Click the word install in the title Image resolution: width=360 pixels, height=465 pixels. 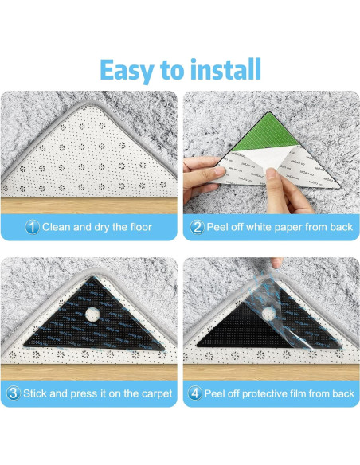click(x=225, y=69)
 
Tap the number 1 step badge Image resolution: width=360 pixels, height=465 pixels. click(x=32, y=227)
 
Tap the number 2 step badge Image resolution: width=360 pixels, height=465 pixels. click(x=197, y=227)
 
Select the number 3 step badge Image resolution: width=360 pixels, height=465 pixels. click(x=14, y=393)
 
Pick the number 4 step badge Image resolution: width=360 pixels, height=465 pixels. click(x=195, y=393)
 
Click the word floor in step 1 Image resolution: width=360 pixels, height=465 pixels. click(x=141, y=227)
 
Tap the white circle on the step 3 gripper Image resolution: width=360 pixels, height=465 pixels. click(x=92, y=315)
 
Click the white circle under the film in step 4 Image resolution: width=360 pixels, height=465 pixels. click(x=268, y=314)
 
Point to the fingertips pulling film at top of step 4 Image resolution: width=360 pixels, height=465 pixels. click(x=276, y=262)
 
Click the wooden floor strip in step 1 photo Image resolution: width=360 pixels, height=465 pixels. click(x=89, y=205)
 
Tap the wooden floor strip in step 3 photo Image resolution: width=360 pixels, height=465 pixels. click(x=89, y=372)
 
